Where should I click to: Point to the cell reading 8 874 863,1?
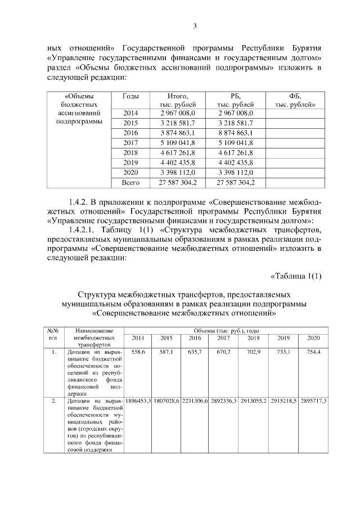point(235,132)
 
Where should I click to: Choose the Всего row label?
point(130,182)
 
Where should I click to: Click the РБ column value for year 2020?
point(235,172)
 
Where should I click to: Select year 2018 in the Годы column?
point(130,152)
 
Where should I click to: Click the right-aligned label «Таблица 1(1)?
point(296,275)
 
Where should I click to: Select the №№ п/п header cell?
point(53,334)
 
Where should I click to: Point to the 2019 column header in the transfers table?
point(283,338)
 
